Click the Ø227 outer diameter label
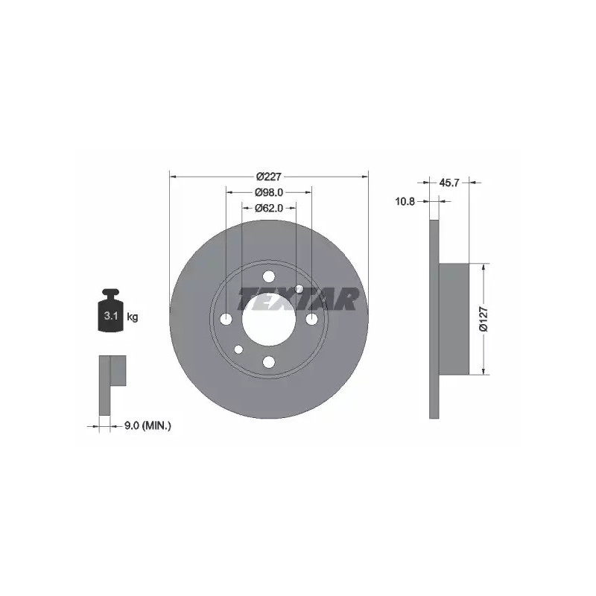click(x=269, y=177)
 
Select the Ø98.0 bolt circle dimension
click(x=269, y=192)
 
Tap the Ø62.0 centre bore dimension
click(x=269, y=208)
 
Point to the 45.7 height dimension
click(x=449, y=183)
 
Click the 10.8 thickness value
click(x=405, y=201)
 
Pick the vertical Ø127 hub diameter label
click(x=484, y=320)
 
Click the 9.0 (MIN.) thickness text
click(x=148, y=426)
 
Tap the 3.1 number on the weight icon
click(x=110, y=316)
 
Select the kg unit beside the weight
click(x=133, y=317)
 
